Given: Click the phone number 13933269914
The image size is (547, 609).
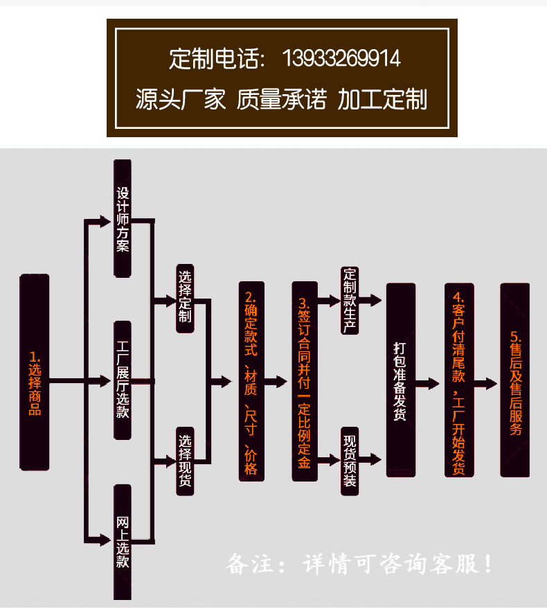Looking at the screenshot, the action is [x=341, y=58].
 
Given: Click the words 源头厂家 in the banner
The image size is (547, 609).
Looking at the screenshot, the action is [x=181, y=100].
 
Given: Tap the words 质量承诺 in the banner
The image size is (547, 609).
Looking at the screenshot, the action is [x=281, y=100].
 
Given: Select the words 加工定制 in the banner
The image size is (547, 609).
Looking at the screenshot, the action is [x=382, y=100].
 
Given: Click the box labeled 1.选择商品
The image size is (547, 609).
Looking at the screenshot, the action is [x=35, y=372].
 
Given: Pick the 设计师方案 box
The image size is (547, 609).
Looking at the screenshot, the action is [x=123, y=218].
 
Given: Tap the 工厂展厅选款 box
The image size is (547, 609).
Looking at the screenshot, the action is [x=123, y=380].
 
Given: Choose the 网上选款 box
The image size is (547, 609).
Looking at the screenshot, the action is [x=123, y=542].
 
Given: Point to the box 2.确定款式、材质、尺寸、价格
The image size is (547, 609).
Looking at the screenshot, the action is [x=251, y=381].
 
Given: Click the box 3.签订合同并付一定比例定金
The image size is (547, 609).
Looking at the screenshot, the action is [x=304, y=381].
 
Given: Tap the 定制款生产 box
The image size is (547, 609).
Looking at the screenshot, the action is [x=350, y=300].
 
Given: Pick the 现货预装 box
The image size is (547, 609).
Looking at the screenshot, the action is [x=350, y=460].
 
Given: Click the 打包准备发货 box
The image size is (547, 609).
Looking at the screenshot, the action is [x=400, y=380].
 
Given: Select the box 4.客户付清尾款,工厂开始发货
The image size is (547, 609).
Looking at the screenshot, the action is [x=458, y=380].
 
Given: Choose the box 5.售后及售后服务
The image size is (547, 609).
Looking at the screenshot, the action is [x=514, y=380].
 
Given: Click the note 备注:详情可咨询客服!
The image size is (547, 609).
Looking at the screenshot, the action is [x=360, y=563].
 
